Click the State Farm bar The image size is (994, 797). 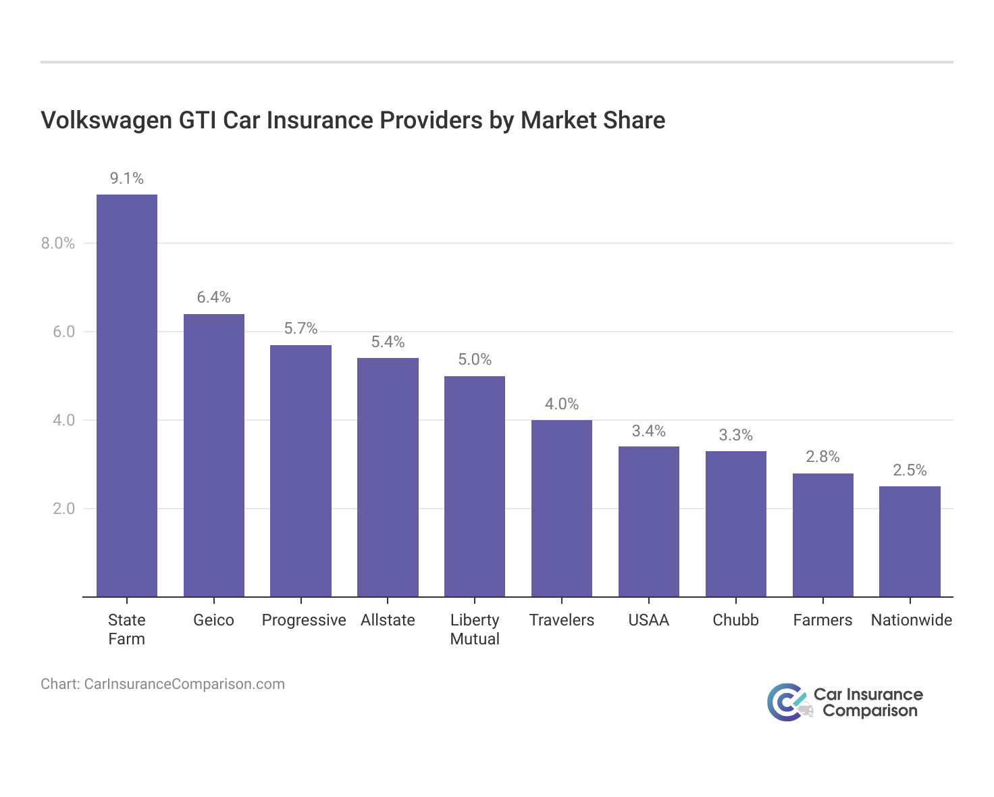[127, 395]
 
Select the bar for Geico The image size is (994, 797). [214, 455]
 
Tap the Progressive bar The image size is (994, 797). [300, 471]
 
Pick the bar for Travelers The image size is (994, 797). [562, 508]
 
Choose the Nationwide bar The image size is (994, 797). [910, 541]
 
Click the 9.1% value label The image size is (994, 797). [127, 178]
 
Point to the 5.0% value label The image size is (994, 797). [475, 359]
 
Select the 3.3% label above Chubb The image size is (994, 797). [735, 435]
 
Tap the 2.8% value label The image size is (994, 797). [822, 457]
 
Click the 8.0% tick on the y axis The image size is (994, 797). [58, 243]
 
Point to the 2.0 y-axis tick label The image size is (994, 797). [63, 509]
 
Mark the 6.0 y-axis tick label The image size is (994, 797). [63, 332]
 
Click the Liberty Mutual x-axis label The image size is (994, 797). [475, 629]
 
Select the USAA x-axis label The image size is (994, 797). [648, 620]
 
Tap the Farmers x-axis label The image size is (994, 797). [822, 620]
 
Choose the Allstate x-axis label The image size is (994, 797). [388, 620]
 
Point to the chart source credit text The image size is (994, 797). [163, 684]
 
